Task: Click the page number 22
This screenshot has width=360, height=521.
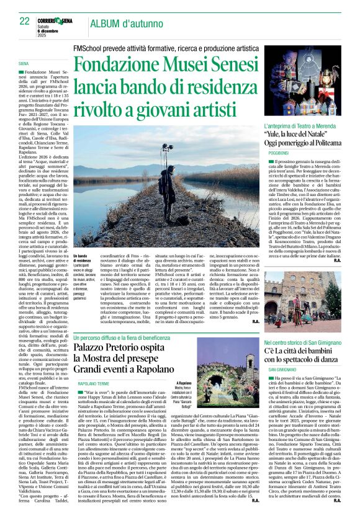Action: (x=24, y=21)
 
